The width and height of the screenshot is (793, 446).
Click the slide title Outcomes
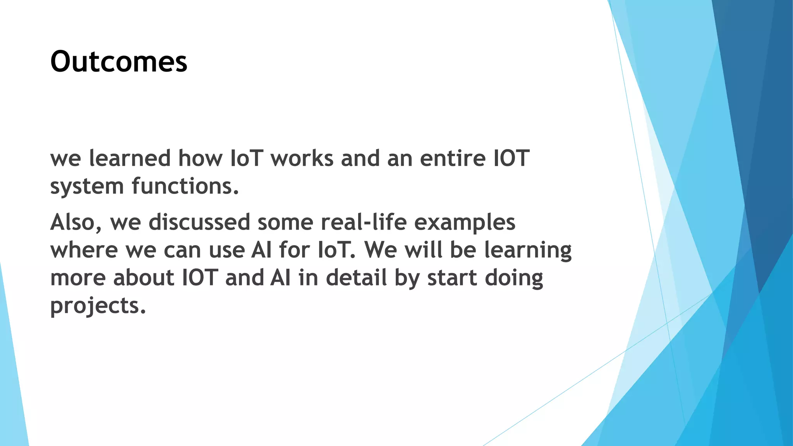(118, 62)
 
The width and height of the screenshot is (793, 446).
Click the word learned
(130, 158)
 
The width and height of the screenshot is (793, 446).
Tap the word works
(302, 158)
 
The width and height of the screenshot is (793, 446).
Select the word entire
(452, 158)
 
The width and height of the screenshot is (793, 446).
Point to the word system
(87, 187)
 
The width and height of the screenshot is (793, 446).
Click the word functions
(185, 186)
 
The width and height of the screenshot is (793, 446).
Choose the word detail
(356, 278)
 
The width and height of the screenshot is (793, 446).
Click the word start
(452, 278)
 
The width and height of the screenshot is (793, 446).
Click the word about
(144, 278)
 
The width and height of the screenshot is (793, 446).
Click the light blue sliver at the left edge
(12, 387)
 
